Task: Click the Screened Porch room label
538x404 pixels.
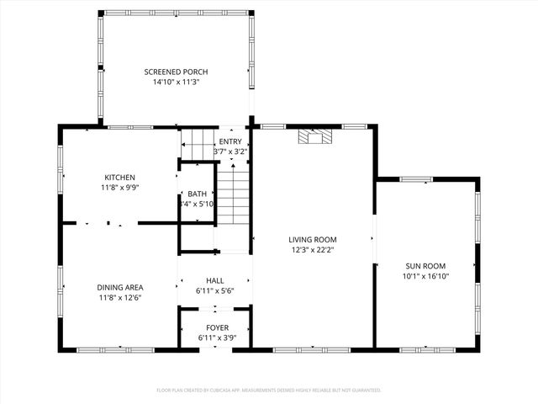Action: point(175,72)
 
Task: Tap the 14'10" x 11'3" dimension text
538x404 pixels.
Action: point(175,82)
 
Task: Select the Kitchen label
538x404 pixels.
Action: point(119,177)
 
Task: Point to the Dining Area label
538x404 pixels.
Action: point(119,287)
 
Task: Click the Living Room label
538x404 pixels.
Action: point(313,239)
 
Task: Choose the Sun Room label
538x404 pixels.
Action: point(426,265)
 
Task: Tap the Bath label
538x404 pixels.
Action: point(198,194)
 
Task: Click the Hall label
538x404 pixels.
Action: point(214,280)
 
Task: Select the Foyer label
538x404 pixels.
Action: point(217,327)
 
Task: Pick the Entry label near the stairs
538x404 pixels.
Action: point(230,141)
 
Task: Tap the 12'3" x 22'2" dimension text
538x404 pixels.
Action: point(313,249)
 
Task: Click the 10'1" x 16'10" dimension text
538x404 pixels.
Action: point(426,275)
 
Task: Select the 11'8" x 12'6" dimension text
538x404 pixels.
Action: point(119,297)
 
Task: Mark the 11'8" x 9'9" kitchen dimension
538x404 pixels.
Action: point(119,187)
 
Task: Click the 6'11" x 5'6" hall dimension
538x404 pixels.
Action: point(214,290)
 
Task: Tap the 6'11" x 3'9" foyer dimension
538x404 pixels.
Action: point(217,338)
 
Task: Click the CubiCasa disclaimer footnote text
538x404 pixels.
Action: point(269,390)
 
